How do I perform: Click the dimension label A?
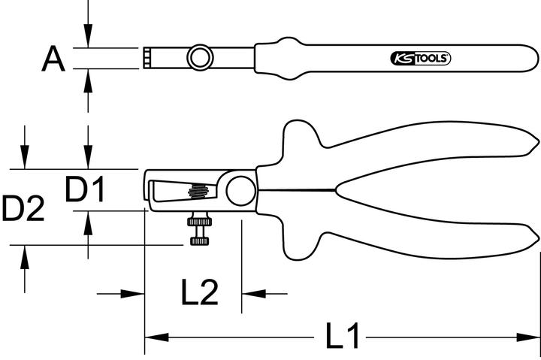(x=53, y=58)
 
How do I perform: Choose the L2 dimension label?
(x=199, y=292)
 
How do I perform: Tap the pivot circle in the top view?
(x=200, y=57)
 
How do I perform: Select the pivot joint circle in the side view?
(x=240, y=190)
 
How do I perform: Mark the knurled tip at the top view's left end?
(x=147, y=58)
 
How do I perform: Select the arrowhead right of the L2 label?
(x=248, y=293)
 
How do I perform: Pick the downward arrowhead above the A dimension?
(x=89, y=40)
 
